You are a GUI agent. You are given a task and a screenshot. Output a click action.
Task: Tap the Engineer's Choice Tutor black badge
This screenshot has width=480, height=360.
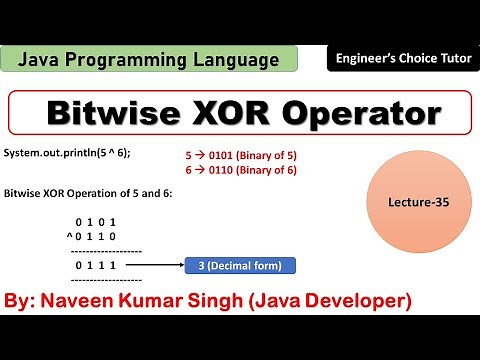point(401,61)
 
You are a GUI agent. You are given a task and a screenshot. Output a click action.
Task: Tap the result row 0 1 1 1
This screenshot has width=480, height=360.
point(96,265)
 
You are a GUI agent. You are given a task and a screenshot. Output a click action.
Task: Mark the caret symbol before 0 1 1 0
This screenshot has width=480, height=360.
point(66,236)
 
